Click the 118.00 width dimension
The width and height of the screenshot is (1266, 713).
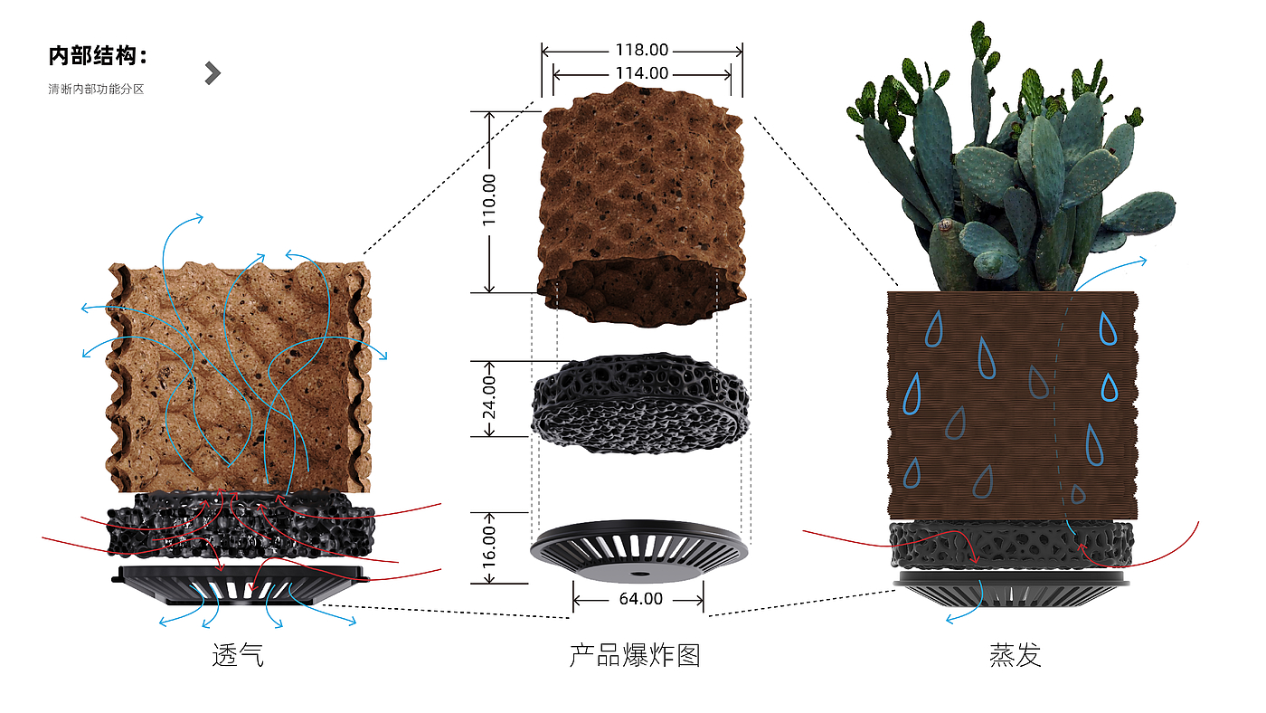[642, 51]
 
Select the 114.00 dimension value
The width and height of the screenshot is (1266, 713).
[642, 73]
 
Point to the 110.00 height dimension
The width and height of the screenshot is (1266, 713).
[489, 201]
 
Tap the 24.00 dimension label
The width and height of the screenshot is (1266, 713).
[489, 398]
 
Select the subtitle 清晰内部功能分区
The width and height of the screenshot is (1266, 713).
[96, 89]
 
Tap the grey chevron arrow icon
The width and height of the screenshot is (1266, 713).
[213, 73]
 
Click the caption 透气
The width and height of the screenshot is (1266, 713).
[238, 654]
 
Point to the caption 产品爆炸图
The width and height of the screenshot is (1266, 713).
[635, 654]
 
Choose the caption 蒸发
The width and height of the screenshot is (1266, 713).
[1016, 654]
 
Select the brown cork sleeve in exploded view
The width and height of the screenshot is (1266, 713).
[642, 199]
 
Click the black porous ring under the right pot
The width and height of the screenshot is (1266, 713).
[1011, 546]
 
